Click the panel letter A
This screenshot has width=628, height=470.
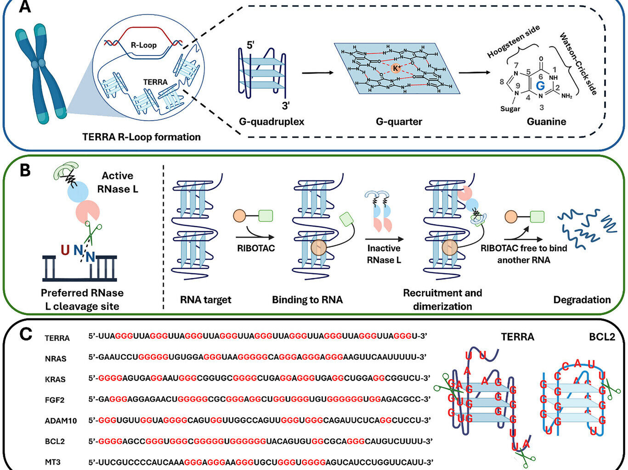[x=24, y=7]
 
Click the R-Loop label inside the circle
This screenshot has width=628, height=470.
[x=143, y=45]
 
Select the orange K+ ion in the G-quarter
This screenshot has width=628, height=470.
[x=396, y=68]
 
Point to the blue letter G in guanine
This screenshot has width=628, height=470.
[x=540, y=85]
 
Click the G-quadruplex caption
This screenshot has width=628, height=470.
[x=272, y=122]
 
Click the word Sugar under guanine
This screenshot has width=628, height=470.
[x=510, y=109]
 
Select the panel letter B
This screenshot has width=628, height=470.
[x=24, y=170]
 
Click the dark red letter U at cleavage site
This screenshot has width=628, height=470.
[x=65, y=250]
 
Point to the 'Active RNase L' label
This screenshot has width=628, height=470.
[x=118, y=182]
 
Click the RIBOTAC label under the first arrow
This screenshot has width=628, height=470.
[x=255, y=248]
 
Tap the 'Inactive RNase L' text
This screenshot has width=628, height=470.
[x=384, y=254]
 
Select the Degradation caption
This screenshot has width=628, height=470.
[x=582, y=300]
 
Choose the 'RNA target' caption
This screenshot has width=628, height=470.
[x=206, y=300]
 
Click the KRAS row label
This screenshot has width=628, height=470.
[x=55, y=379]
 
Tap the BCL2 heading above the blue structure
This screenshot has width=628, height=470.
[x=602, y=337]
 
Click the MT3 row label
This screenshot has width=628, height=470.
[x=52, y=462]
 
